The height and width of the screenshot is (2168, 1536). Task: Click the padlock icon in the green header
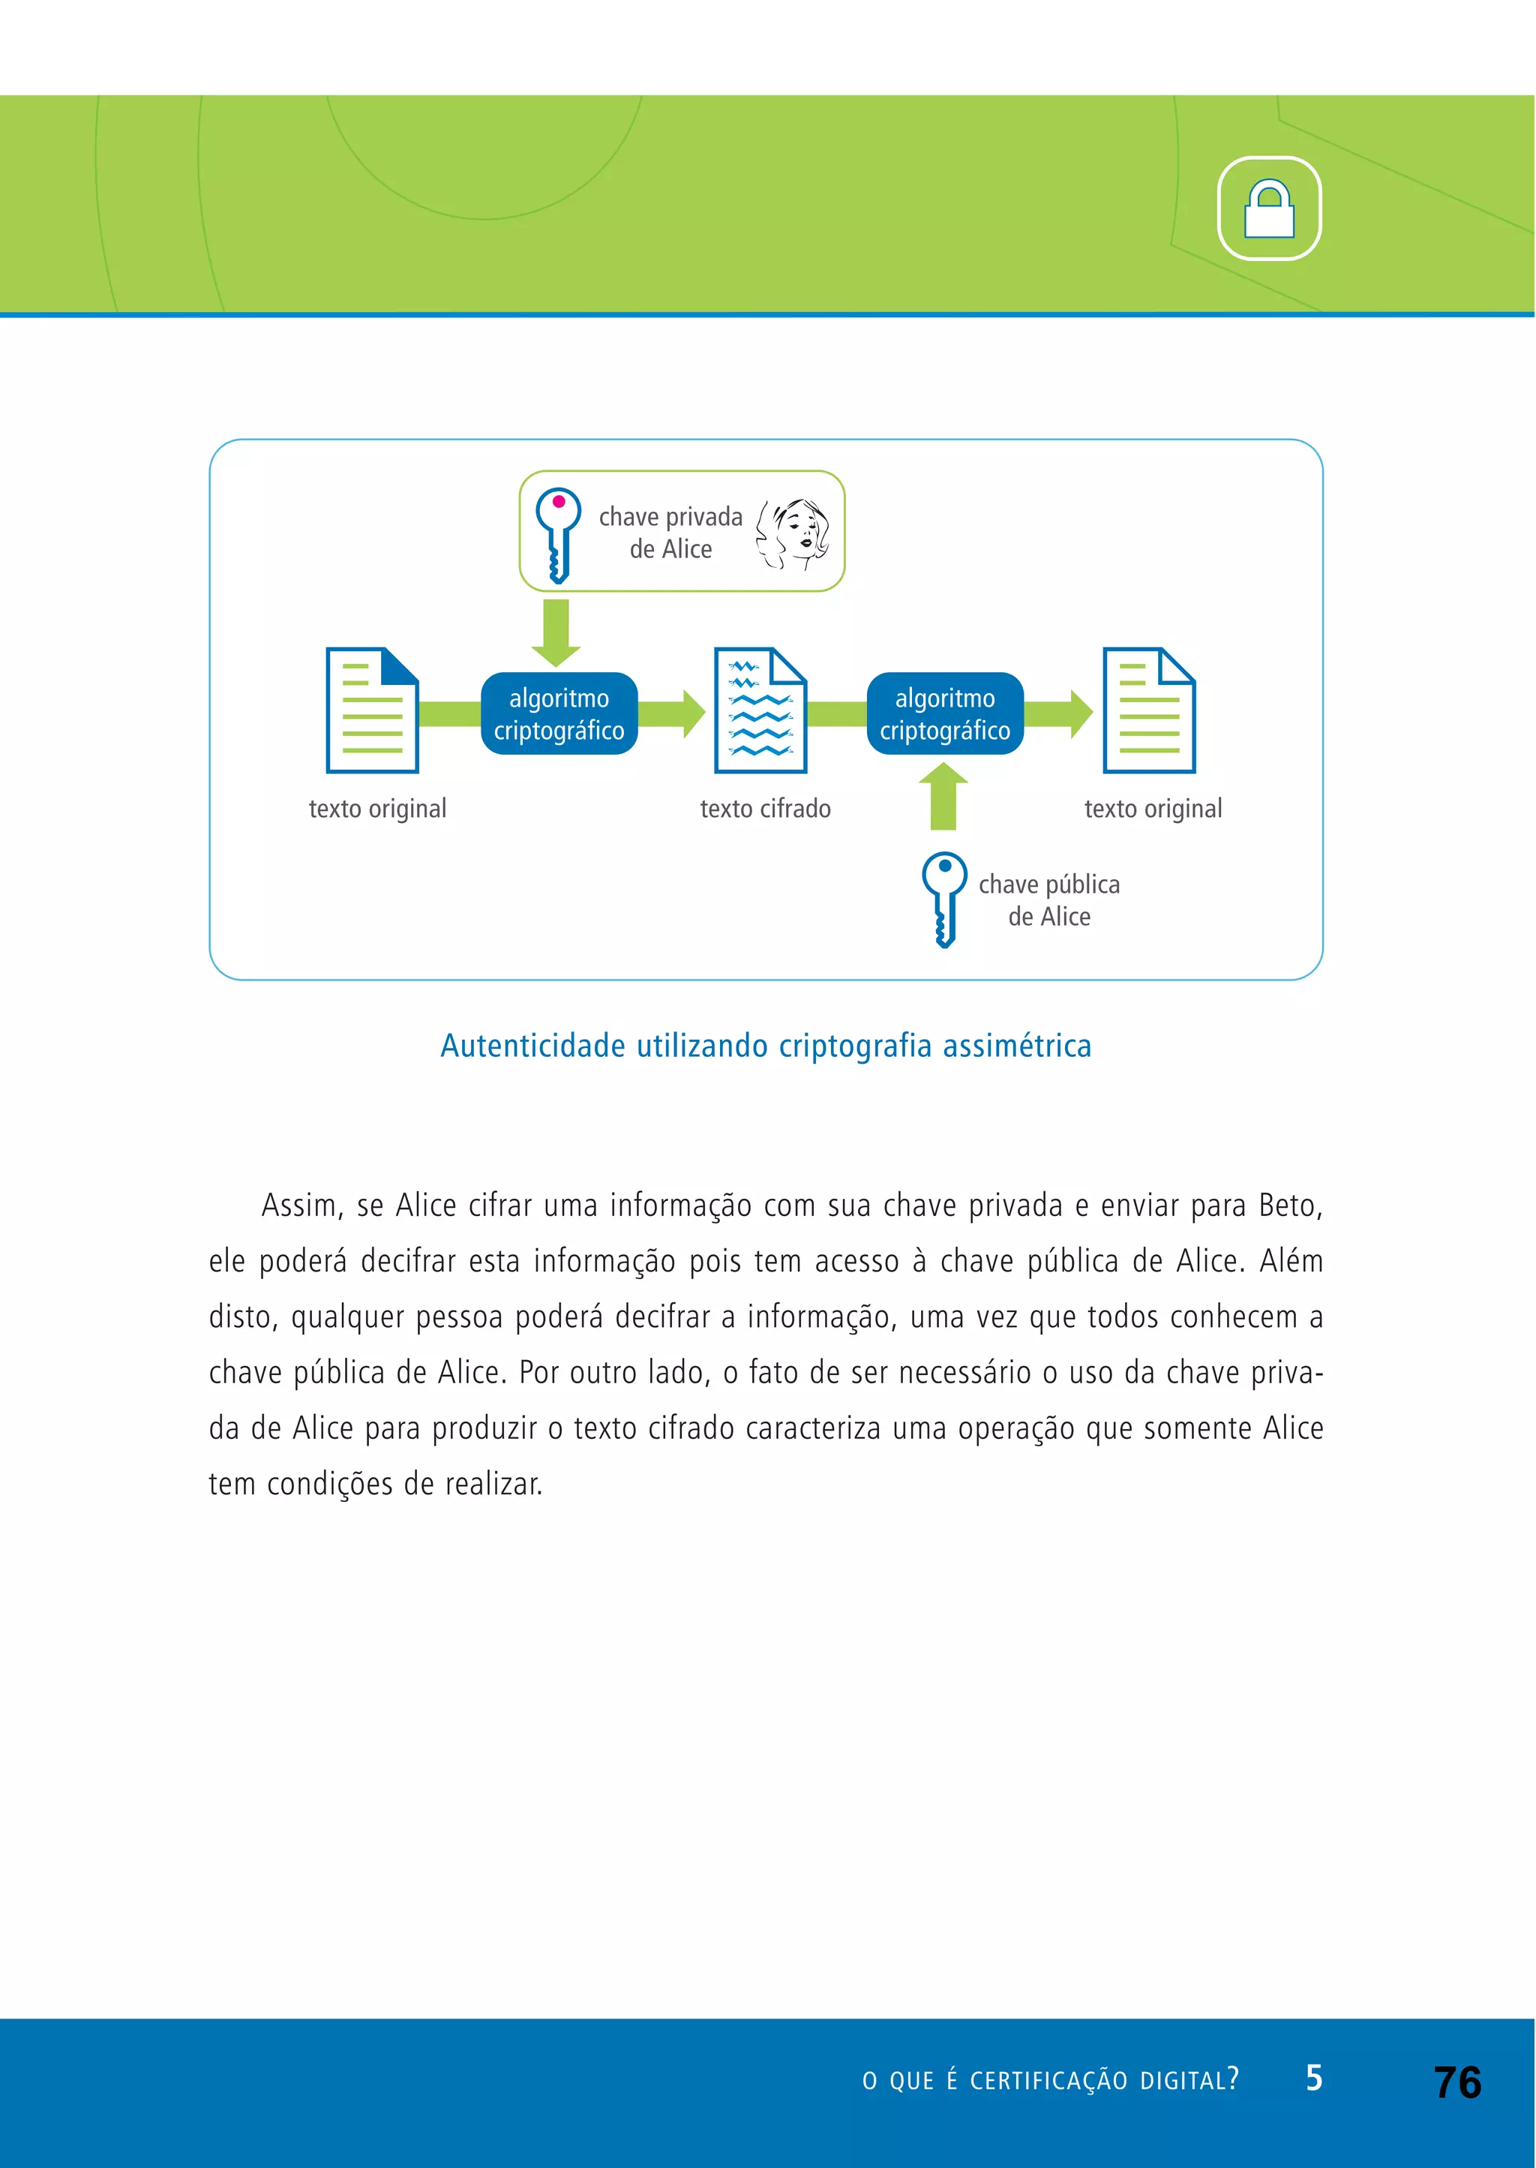coord(1268,209)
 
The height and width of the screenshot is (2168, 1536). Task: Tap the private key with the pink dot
coord(558,533)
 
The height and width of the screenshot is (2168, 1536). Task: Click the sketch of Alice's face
coord(793,533)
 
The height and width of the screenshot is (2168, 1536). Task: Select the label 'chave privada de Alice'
coord(670,533)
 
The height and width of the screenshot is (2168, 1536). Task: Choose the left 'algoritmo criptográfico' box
coord(559,714)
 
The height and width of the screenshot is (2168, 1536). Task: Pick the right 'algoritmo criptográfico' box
coord(945,714)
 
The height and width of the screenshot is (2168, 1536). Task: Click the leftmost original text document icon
coord(372,710)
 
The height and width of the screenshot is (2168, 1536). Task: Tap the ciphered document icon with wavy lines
coord(760,710)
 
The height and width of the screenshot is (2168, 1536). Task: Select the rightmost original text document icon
coord(1149,710)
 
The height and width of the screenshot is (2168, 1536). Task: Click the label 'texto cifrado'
coord(765,809)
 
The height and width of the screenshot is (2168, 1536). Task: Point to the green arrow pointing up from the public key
coord(943,797)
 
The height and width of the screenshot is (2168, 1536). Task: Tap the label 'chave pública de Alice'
coord(1049,900)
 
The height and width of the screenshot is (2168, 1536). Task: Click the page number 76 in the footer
coord(1457,2082)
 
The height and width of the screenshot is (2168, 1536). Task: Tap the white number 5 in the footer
coord(1314,2077)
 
